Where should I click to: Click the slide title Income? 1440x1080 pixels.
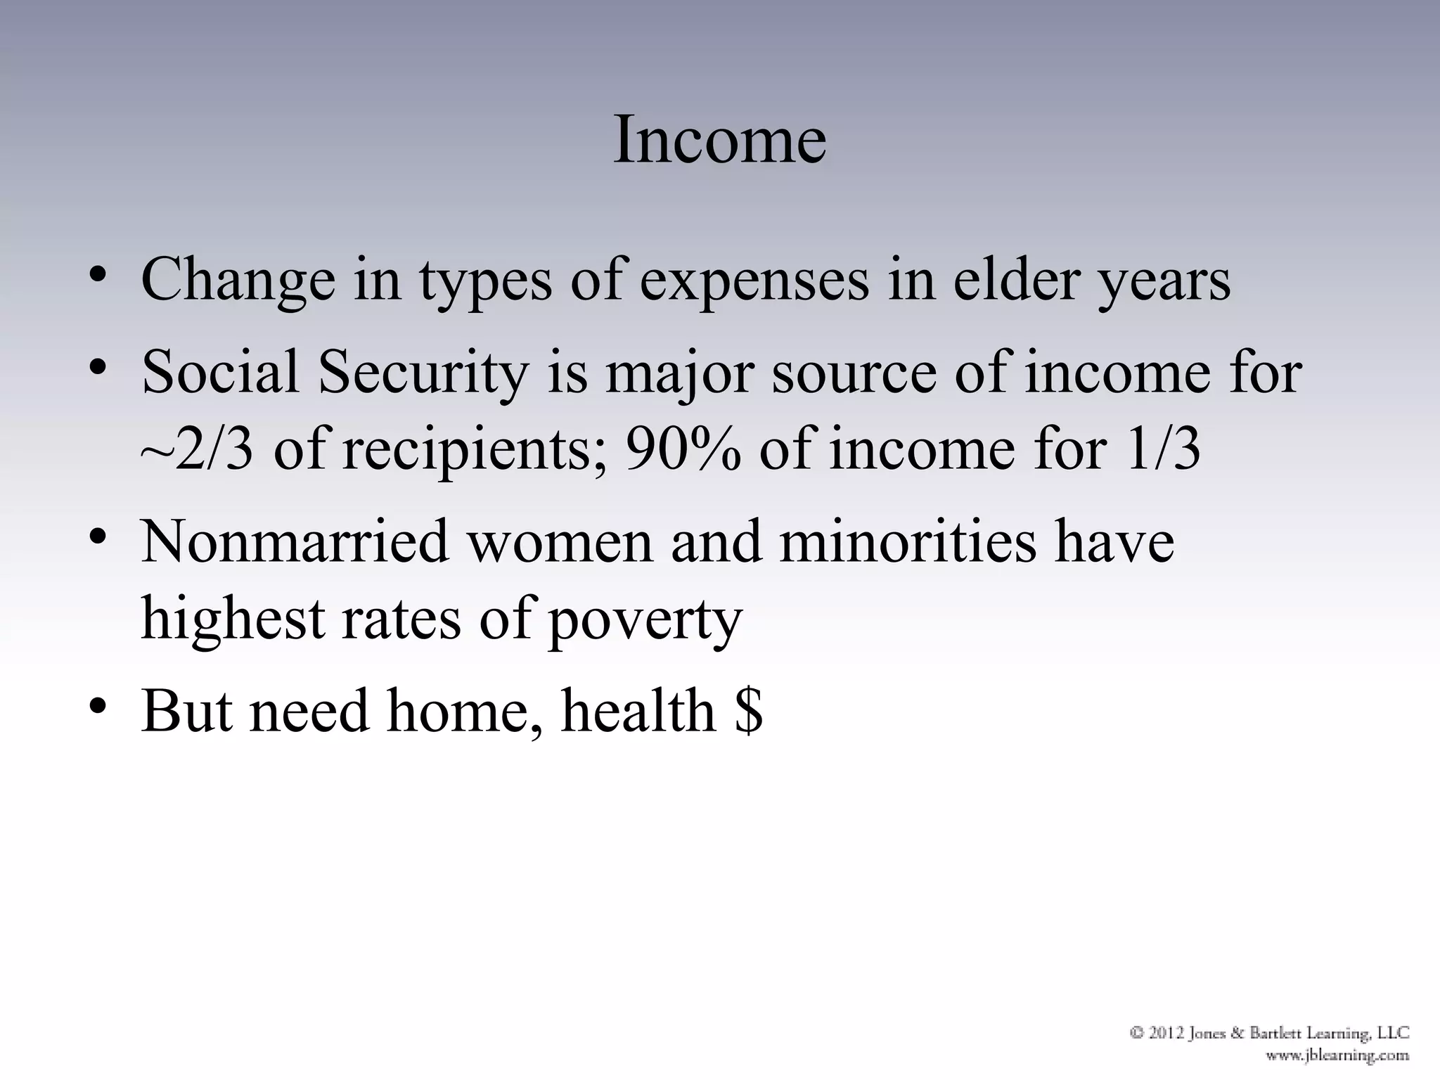click(x=719, y=141)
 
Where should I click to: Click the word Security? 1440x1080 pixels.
click(x=423, y=373)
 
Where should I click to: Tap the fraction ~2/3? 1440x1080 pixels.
click(x=196, y=450)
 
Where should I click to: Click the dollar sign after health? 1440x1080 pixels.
click(x=748, y=712)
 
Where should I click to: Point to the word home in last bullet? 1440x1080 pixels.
click(x=465, y=712)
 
